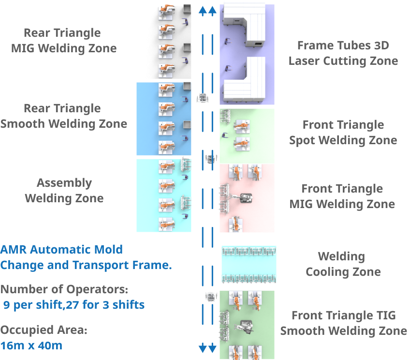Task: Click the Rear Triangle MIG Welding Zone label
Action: pos(63,41)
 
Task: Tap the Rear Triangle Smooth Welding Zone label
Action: pos(63,116)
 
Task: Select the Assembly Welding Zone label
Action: pos(64,191)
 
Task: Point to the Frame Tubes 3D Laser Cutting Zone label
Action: pos(343,53)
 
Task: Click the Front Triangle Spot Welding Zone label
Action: pos(343,133)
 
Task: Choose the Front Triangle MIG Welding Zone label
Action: pos(342,196)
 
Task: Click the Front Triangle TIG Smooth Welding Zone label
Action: pos(343,323)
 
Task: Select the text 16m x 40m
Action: pos(31,346)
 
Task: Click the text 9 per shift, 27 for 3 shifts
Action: pos(73,305)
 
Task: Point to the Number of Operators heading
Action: pos(64,289)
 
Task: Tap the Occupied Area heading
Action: pos(44,330)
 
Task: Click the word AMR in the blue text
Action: pos(13,250)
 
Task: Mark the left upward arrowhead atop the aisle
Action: pos(203,11)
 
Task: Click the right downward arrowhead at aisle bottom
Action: pos(212,347)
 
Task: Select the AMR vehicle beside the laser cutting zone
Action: pos(204,98)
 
